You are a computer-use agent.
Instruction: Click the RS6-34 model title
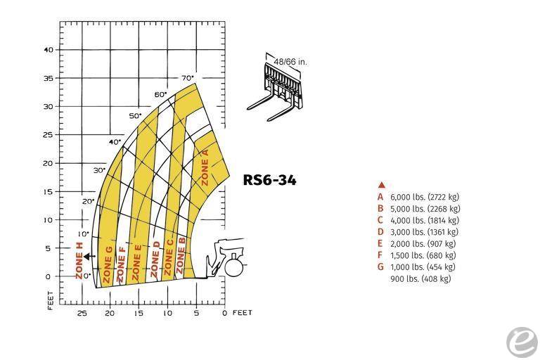click(269, 180)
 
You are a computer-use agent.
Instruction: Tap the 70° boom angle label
click(188, 78)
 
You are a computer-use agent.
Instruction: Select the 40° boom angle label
click(115, 142)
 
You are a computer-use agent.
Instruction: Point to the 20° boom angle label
click(88, 201)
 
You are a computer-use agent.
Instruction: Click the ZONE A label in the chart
click(205, 167)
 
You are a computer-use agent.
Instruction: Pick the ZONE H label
click(79, 260)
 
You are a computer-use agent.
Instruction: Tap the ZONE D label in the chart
click(155, 259)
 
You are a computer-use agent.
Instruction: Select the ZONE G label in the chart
click(108, 264)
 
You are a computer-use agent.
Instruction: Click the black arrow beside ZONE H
click(89, 257)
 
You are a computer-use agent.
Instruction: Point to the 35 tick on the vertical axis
click(49, 78)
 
